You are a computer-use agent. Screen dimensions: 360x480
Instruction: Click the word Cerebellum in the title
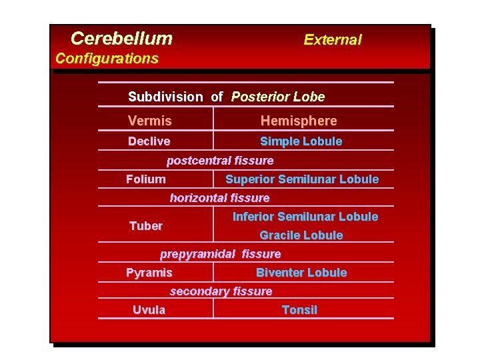pos(121,39)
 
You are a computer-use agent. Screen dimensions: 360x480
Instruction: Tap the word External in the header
pos(332,39)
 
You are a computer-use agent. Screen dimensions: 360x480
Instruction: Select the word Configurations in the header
pos(107,58)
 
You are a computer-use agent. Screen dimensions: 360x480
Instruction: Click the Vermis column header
pos(150,121)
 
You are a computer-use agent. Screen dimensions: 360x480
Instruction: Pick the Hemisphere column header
pos(299,121)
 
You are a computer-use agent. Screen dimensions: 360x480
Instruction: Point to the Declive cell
pos(149,141)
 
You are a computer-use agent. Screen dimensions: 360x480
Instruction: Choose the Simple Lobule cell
pos(301,141)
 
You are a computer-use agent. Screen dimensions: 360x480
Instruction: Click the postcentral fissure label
pos(220,161)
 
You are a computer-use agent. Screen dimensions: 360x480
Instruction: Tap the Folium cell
pos(146,179)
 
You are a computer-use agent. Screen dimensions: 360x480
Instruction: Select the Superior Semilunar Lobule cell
pos(302,179)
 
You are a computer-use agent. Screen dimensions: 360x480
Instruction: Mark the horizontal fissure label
pos(220,198)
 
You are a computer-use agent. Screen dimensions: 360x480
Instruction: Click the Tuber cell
pos(146,226)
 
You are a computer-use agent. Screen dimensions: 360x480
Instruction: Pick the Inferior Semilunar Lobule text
pos(305,217)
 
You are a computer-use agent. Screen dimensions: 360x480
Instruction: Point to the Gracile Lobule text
pos(301,235)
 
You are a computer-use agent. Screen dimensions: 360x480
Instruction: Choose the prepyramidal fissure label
pos(220,254)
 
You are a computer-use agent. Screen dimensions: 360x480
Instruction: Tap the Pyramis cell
pos(149,273)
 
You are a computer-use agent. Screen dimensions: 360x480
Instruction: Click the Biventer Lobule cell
pos(301,273)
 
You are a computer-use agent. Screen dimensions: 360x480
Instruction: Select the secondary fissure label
pos(221,291)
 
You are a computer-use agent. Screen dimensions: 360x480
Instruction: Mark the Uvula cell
pos(149,310)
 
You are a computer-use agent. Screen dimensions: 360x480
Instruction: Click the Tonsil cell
pos(299,310)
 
